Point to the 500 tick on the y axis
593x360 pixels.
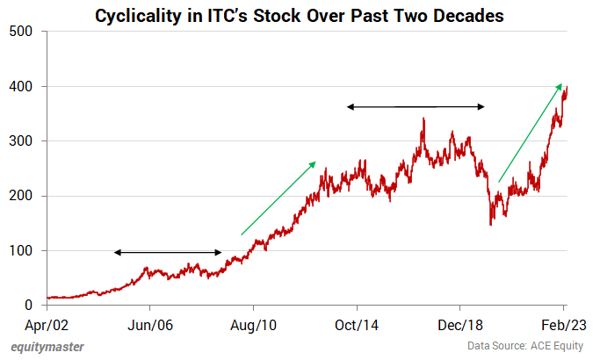click(22, 32)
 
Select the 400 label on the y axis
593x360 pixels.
click(22, 86)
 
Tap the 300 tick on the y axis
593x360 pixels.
click(22, 141)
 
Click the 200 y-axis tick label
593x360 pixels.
click(22, 196)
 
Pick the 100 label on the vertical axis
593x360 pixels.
click(22, 251)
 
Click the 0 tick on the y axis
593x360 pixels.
click(29, 306)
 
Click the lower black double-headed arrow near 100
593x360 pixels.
click(168, 253)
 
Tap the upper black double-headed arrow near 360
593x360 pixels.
click(415, 107)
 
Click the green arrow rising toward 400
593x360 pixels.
click(531, 133)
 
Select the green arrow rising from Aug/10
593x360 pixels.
click(278, 198)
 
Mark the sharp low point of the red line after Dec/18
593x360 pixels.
click(490, 225)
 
